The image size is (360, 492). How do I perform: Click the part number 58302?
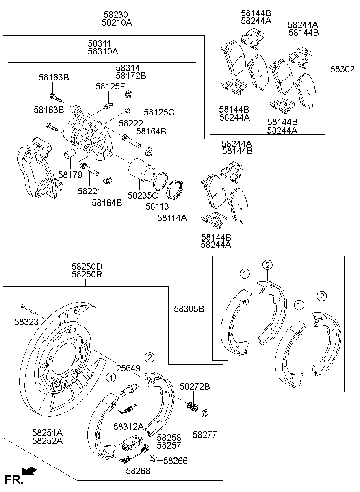pos(342,69)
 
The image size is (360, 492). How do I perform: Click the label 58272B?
pos(195,387)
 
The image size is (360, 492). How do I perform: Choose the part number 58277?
pos(204,435)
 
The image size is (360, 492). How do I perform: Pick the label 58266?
pos(176,461)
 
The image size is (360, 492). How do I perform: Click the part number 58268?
pos(138,471)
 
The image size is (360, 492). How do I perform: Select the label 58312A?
pos(128,426)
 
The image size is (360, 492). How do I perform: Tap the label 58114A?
pos(172,218)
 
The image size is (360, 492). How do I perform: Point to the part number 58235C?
pos(143,195)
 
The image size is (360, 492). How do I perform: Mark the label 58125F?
pos(111,86)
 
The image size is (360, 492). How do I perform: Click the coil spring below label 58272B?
pos(192,406)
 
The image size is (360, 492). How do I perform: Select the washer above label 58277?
pos(205,414)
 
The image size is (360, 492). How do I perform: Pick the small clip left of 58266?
pos(153,458)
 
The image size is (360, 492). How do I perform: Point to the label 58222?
pos(130,123)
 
